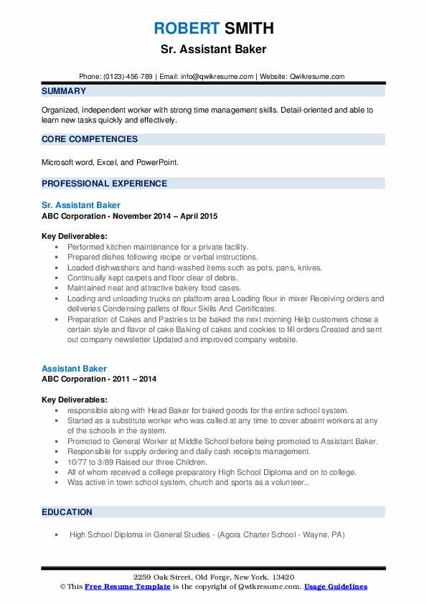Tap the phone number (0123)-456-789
tap(128, 76)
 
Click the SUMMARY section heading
tap(64, 91)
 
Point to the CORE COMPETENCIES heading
tap(90, 139)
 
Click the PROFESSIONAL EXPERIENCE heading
tap(104, 184)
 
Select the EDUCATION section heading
tap(67, 512)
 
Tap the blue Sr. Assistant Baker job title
tap(80, 205)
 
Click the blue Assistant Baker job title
tap(74, 369)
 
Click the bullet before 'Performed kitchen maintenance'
tap(56, 247)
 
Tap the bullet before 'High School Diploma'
tap(56, 534)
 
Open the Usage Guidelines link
tap(335, 587)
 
